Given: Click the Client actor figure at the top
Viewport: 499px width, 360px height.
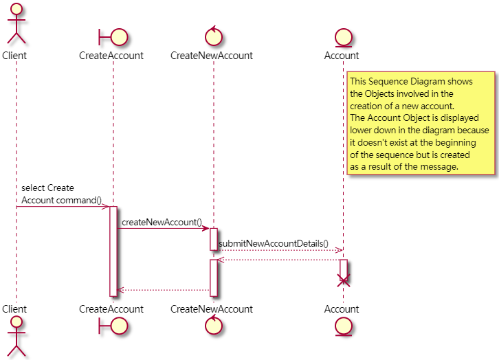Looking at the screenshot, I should click(15, 24).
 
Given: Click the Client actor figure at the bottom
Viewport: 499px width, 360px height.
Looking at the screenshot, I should click(15, 336).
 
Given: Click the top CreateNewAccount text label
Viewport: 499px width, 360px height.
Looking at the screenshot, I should click(212, 56).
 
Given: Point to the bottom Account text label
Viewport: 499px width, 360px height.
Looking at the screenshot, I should click(342, 309).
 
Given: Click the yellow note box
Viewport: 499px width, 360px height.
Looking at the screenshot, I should click(421, 123).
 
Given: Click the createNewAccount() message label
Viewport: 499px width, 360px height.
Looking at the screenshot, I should click(162, 222).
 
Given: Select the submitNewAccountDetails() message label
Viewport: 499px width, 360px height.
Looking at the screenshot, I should click(274, 244).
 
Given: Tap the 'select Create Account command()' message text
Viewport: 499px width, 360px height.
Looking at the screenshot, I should click(61, 194).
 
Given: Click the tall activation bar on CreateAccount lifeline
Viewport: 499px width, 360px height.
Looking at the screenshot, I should click(113, 251).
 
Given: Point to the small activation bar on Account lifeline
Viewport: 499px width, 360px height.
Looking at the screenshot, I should click(344, 268).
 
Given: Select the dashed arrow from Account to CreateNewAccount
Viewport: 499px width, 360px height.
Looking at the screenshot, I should click(278, 260).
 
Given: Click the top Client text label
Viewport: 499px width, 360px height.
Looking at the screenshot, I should click(15, 56).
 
